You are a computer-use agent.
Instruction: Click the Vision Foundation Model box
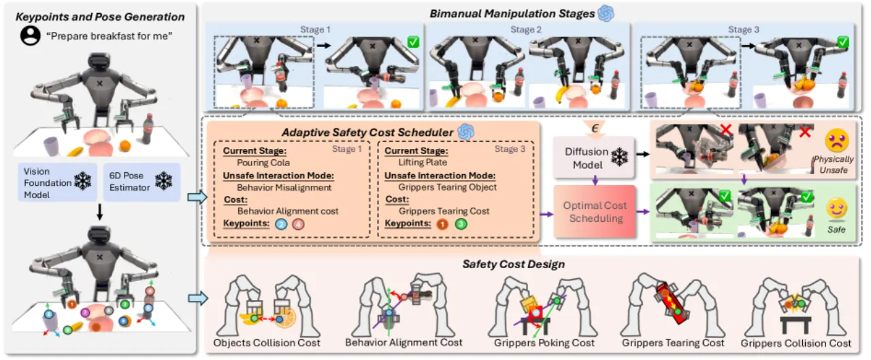point(57,182)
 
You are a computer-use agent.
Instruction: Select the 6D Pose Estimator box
point(142,182)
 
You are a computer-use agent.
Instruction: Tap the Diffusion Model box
point(593,158)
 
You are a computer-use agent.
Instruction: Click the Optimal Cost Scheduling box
point(595,212)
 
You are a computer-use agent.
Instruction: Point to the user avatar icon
point(31,36)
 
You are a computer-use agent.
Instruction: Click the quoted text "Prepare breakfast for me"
point(110,36)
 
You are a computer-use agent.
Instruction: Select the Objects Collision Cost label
point(267,343)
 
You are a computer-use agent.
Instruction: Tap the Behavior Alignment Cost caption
point(404,342)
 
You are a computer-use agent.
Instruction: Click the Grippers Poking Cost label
point(544,343)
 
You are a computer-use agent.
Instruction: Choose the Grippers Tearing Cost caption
point(673,343)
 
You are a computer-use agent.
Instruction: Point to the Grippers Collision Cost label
point(796,343)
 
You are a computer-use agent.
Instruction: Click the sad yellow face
point(837,140)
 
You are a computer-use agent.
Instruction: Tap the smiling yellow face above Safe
point(837,208)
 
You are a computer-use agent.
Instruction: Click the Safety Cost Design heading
point(513,264)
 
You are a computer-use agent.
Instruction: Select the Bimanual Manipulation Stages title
point(512,14)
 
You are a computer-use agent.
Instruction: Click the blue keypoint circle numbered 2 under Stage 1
point(281,224)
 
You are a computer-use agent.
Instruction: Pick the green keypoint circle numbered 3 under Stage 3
point(461,224)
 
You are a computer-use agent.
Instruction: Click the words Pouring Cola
point(263,163)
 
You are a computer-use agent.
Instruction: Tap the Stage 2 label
point(526,29)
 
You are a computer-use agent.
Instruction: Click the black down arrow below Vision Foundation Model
point(99,212)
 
